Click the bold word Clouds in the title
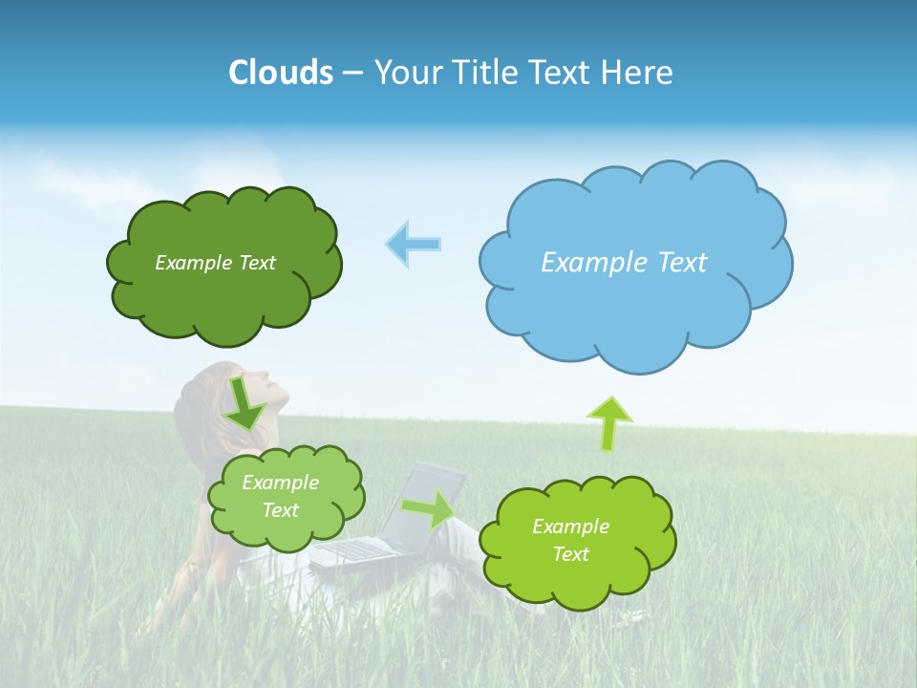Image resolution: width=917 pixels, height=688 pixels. [x=281, y=73]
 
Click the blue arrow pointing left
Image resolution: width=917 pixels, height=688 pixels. [x=413, y=244]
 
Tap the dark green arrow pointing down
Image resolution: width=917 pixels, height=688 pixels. [x=245, y=405]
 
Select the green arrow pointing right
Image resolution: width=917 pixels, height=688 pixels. [x=428, y=508]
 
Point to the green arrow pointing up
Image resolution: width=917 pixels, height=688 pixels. [x=608, y=423]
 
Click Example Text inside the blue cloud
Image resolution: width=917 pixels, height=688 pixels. [x=624, y=262]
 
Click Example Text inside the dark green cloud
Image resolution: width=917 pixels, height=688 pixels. [x=215, y=263]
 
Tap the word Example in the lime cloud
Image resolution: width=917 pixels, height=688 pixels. [x=570, y=527]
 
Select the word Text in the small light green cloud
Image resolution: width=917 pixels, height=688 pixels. [x=280, y=510]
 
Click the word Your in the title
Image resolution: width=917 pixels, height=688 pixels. [x=406, y=73]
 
